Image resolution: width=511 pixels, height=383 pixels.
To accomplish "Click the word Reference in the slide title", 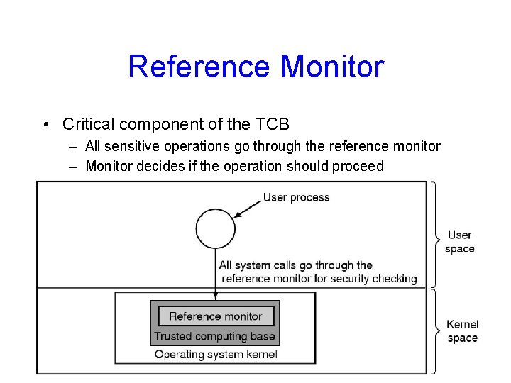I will point(199,67).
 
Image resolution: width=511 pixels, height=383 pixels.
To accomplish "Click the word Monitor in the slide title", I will point(332,67).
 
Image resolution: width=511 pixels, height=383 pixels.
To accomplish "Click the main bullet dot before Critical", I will point(45,126).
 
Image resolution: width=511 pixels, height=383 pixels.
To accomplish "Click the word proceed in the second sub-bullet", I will point(360,167).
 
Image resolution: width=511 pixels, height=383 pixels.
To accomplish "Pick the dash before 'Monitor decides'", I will point(75,167).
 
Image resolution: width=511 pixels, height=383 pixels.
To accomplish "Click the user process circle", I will point(215,229).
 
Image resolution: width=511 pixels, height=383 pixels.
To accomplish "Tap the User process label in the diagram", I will point(296,197).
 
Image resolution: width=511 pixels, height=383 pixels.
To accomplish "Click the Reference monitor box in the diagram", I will point(215,316).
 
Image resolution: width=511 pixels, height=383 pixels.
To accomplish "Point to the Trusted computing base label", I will point(214,336).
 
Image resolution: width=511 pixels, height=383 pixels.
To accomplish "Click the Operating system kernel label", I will point(216,354).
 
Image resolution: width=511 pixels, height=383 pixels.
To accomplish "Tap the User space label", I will point(459,241).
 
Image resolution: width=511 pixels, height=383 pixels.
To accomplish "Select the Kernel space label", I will point(462,331).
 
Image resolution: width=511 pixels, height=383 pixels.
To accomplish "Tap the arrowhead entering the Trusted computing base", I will point(215,297).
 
